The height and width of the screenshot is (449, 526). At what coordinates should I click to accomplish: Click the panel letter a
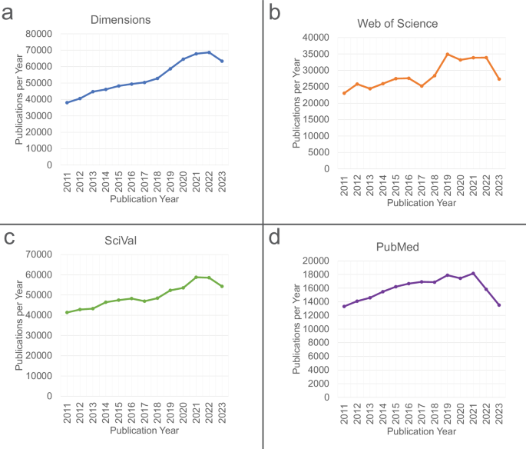point(8,12)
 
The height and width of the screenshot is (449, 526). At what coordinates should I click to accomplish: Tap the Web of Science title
point(398,23)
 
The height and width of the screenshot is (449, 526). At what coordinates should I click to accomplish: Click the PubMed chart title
point(398,248)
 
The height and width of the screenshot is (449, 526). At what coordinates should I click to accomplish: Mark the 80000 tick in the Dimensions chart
point(38,34)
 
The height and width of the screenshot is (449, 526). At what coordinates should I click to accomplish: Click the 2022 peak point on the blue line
point(209,52)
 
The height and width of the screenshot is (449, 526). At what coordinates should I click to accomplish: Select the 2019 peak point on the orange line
point(448,54)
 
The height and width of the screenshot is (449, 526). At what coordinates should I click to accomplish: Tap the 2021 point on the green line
point(196,277)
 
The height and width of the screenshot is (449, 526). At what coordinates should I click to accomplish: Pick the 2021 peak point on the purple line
point(473,273)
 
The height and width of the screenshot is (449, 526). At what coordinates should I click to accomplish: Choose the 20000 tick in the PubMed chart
point(316,261)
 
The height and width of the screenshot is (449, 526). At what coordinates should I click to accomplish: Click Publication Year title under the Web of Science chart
point(422,203)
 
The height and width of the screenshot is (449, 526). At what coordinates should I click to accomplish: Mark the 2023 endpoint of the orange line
point(499,79)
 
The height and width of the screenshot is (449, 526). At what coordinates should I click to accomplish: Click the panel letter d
point(275,237)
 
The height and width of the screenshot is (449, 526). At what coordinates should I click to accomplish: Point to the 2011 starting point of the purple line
point(344,306)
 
